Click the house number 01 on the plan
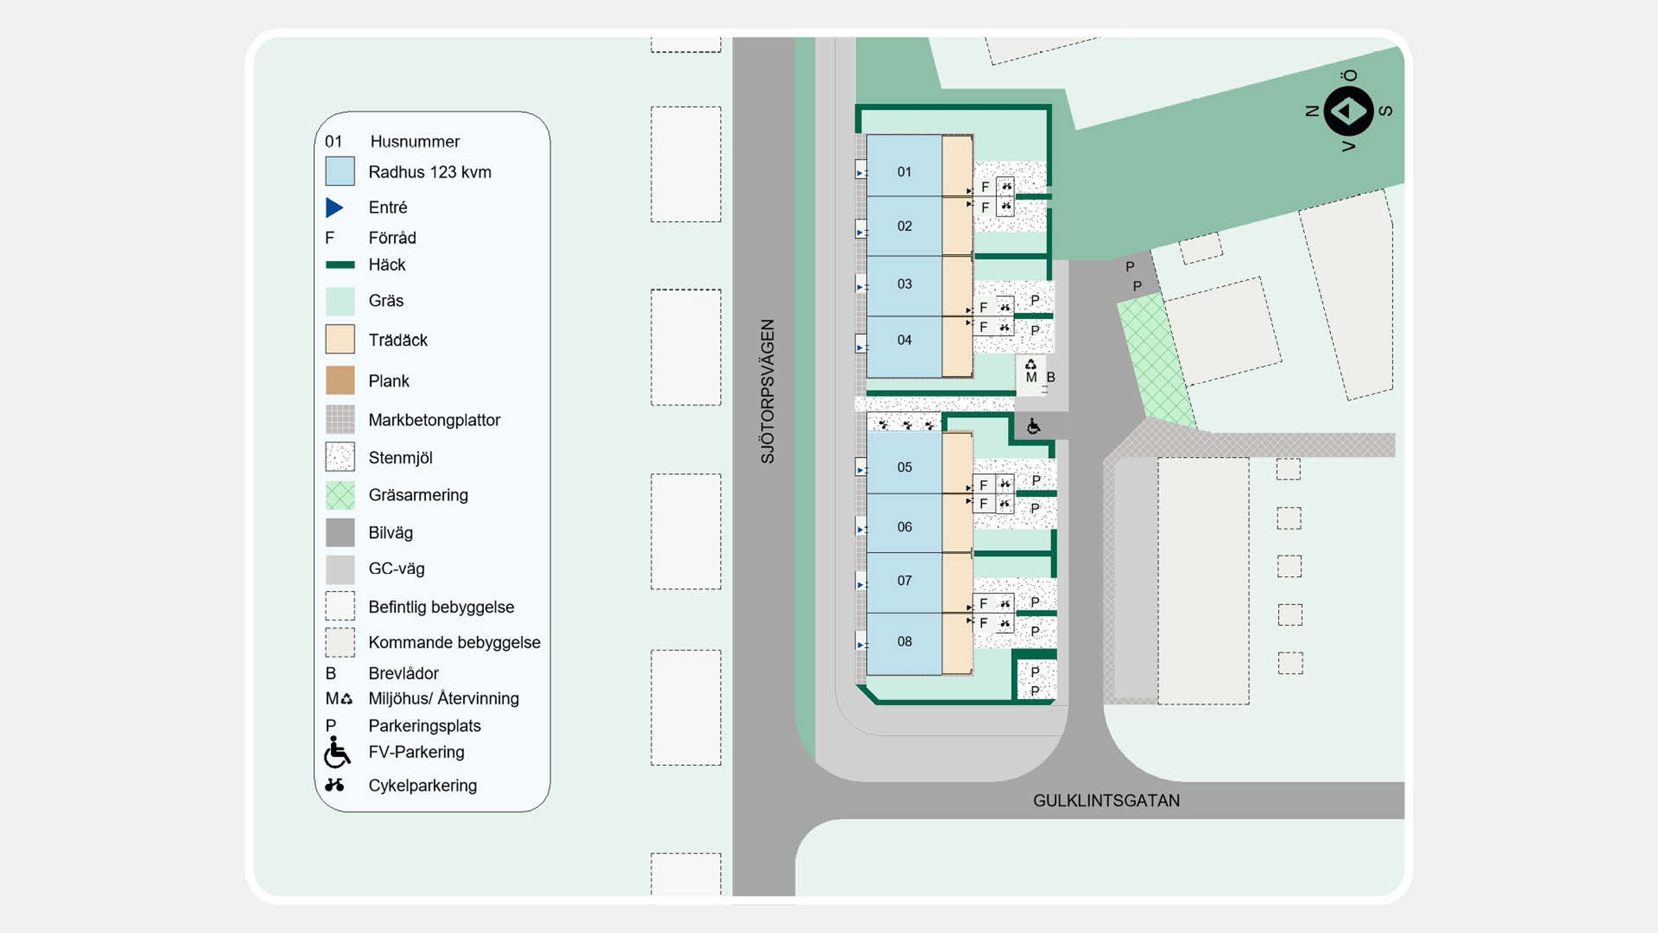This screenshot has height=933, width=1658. [904, 172]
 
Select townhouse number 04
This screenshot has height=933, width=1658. [904, 347]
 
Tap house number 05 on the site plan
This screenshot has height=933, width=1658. [904, 467]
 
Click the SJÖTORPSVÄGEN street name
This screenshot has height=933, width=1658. [767, 391]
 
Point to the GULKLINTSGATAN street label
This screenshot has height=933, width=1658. [1106, 800]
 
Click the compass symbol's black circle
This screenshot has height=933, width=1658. [1348, 111]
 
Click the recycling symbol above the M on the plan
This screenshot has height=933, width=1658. [1031, 365]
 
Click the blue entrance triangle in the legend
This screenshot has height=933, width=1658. [334, 207]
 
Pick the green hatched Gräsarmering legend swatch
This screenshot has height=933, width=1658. [340, 495]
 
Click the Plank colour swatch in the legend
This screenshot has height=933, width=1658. [340, 380]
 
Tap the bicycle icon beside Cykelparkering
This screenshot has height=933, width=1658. [334, 784]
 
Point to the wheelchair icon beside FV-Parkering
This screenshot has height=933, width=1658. [337, 752]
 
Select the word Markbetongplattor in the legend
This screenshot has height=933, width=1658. [434, 420]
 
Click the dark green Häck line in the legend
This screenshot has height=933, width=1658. [340, 265]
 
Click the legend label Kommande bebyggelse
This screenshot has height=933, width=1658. [454, 643]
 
